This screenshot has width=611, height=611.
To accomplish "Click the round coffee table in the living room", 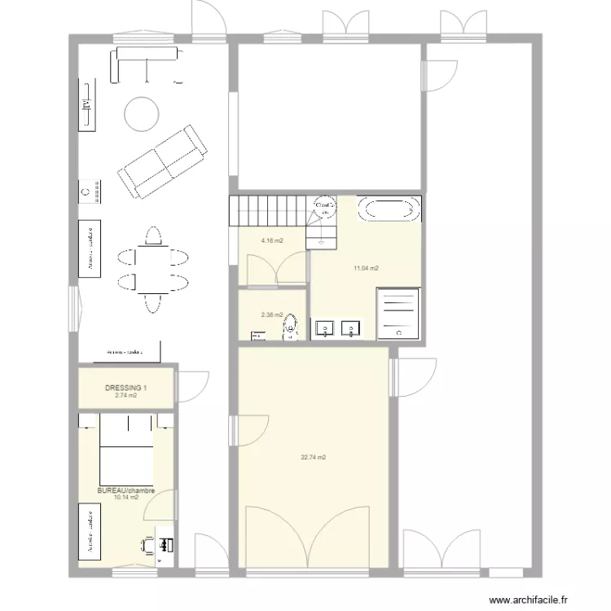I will (141, 115).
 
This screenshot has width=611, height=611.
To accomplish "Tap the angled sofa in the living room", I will (161, 162).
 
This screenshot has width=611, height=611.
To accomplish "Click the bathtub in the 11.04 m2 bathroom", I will (392, 208).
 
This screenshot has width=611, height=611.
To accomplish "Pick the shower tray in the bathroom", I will (398, 313).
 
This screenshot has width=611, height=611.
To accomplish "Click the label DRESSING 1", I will (126, 388).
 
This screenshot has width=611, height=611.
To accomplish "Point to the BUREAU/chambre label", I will (125, 490).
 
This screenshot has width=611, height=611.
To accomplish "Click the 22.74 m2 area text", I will (313, 457).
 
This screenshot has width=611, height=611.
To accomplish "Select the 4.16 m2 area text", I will (271, 241).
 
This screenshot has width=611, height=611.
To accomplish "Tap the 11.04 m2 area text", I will (366, 268).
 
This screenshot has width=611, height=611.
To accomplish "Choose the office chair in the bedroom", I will (148, 545).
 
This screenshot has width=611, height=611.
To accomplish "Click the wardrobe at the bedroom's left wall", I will (88, 530).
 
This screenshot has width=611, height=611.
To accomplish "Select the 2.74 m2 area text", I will (126, 395).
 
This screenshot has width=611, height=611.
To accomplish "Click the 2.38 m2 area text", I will (271, 314).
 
